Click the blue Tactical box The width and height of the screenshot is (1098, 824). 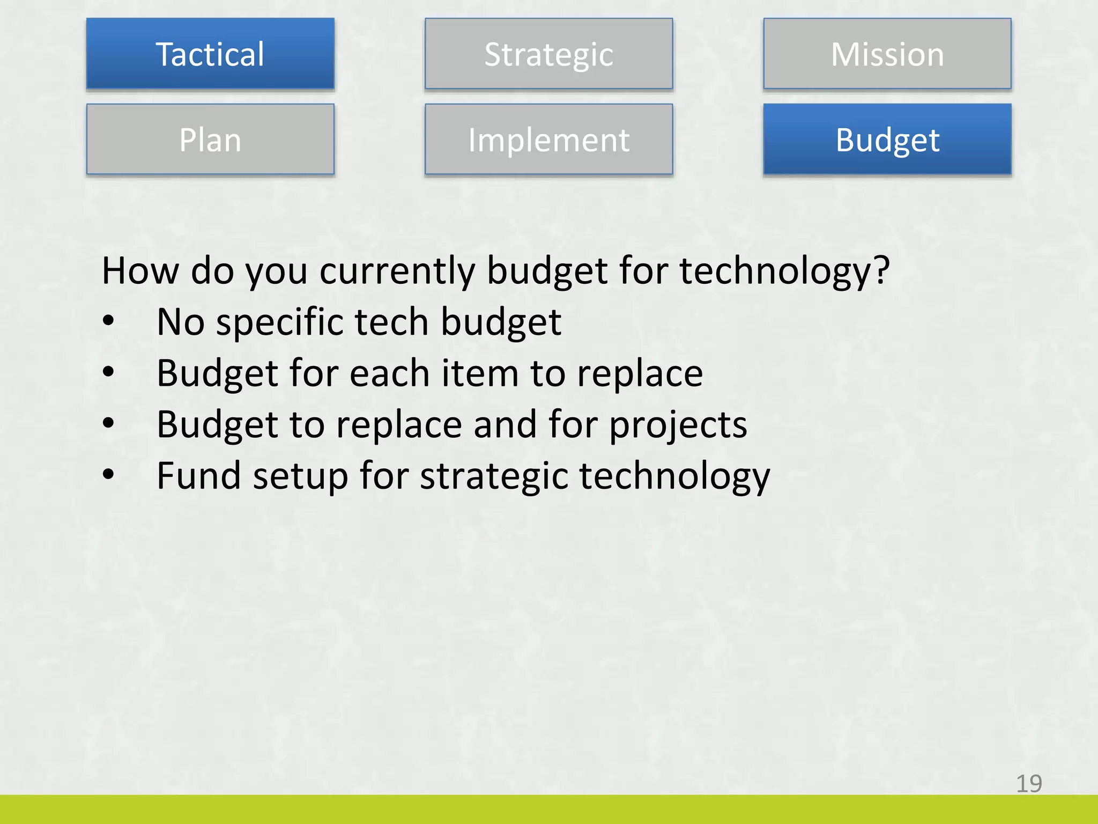(x=210, y=54)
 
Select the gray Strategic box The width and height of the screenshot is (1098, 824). (x=548, y=54)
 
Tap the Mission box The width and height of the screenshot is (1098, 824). (x=887, y=54)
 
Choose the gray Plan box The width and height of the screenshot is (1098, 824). (x=210, y=139)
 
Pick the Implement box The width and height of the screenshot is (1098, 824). (x=548, y=139)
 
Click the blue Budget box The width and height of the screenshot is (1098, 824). (x=887, y=139)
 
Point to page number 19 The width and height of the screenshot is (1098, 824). (x=1029, y=784)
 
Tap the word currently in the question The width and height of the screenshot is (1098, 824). (x=397, y=271)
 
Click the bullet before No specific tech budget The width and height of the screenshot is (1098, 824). (x=109, y=321)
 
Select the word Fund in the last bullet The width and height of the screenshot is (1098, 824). (x=199, y=475)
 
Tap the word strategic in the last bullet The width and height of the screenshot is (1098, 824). (x=493, y=476)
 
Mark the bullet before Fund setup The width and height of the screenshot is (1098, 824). (x=109, y=474)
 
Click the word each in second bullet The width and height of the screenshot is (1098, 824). (x=389, y=373)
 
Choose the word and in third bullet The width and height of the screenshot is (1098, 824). (x=505, y=424)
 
